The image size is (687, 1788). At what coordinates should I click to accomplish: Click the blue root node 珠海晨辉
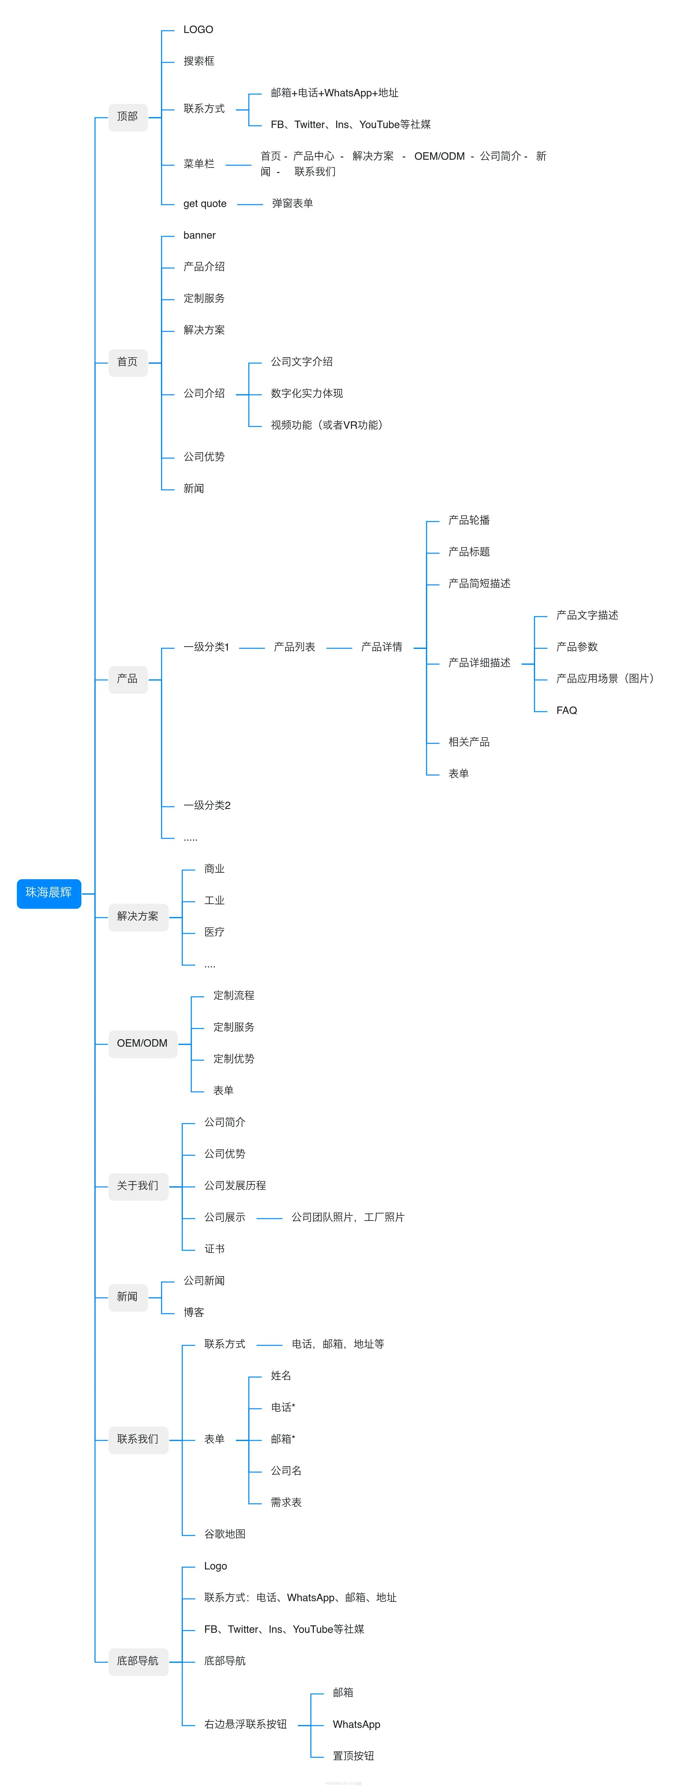48,893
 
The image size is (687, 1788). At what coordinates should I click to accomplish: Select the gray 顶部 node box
128,117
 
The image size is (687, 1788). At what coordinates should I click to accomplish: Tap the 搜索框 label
199,61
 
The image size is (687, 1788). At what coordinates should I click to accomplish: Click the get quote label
205,203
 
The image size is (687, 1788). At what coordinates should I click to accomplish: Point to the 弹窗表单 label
292,203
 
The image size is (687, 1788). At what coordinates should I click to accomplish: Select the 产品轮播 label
469,520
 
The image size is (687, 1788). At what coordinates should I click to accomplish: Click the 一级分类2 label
207,805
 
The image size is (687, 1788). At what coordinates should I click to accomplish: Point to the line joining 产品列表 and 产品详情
339,648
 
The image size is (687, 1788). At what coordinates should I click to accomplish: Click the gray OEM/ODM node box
142,1043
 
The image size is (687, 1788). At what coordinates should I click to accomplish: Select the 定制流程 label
234,995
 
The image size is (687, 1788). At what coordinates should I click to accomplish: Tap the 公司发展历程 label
235,1186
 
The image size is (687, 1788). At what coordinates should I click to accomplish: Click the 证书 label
215,1249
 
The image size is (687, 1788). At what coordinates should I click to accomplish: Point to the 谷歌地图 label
225,1534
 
